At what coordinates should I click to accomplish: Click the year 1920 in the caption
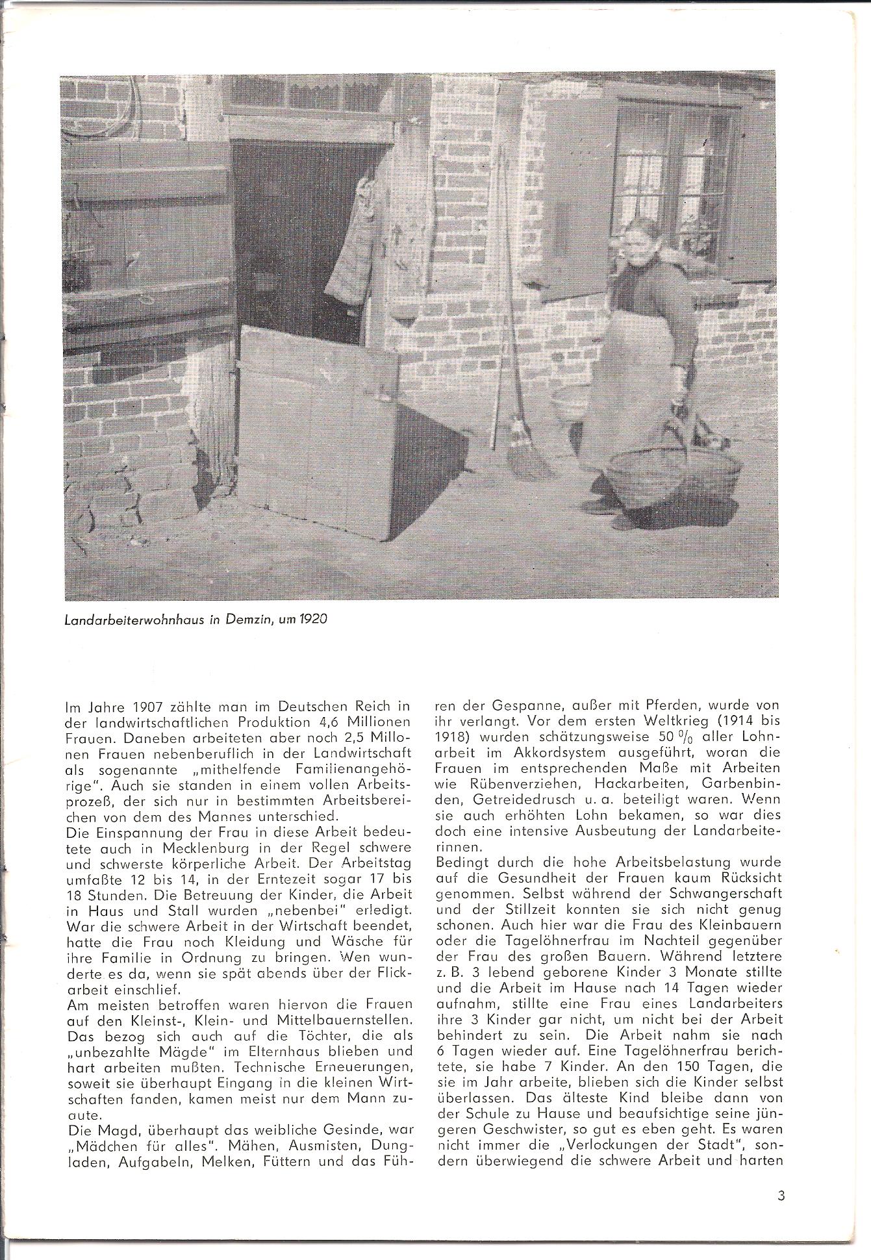coord(312,619)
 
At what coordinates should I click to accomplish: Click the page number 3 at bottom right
coord(781,1194)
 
